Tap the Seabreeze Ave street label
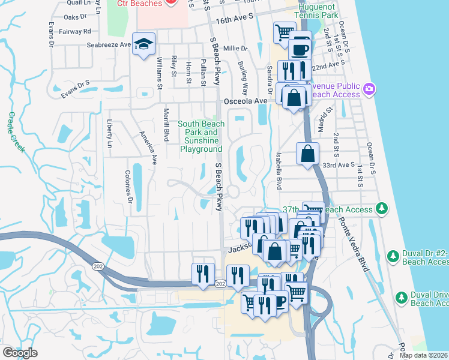pos(109,44)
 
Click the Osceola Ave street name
pos(245,101)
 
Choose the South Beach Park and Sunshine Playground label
pos(200,136)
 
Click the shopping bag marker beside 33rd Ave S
pos(307,154)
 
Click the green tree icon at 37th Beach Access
pos(381,208)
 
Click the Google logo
pos(20,353)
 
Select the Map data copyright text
pos(424,355)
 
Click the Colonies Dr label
pos(128,185)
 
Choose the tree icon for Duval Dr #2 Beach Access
pos(393,256)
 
